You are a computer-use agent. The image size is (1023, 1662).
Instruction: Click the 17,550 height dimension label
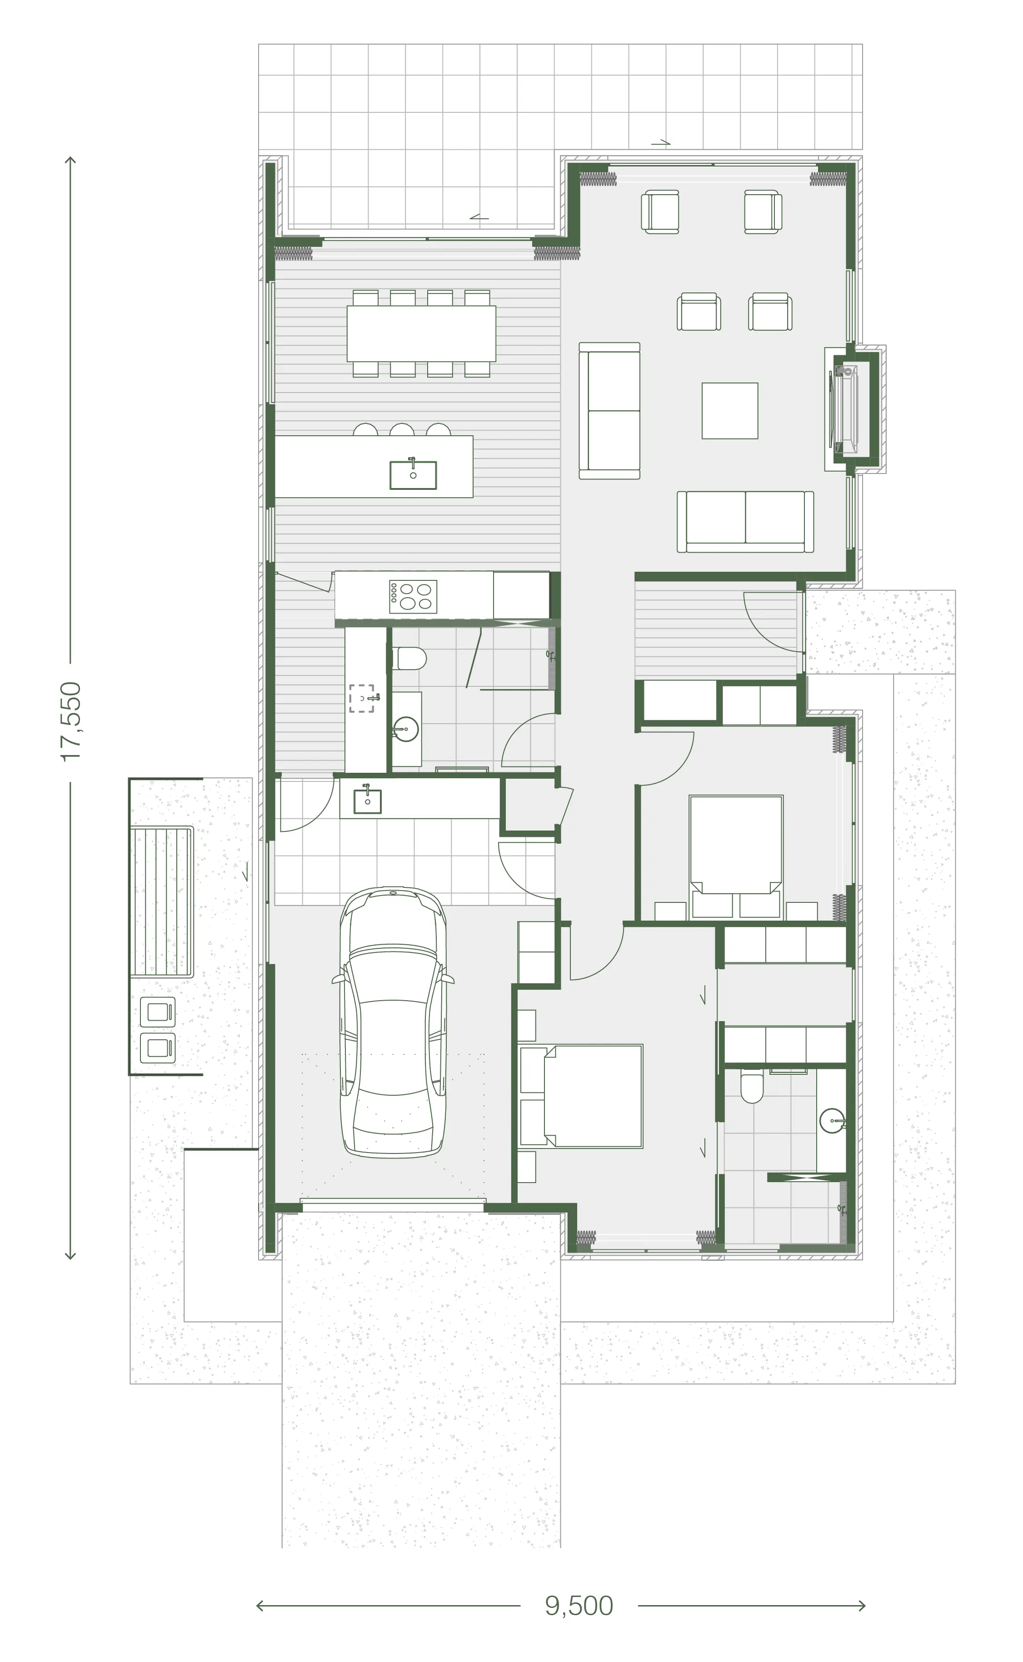coord(71,722)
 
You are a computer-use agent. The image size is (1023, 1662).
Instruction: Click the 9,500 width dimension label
coord(579,1606)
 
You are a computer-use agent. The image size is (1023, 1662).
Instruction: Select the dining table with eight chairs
coord(421,333)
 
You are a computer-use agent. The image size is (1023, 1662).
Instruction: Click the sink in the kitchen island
coord(413,474)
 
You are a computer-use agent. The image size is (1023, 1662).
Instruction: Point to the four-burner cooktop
coord(413,596)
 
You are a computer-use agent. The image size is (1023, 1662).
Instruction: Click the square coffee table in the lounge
coord(729,410)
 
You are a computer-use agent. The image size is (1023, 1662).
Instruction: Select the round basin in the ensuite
coord(832,1120)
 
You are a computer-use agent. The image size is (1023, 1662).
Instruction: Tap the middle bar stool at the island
coord(402,429)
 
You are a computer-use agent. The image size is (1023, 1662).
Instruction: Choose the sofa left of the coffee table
coord(609,411)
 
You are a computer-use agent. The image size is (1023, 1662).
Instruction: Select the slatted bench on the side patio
coord(162,902)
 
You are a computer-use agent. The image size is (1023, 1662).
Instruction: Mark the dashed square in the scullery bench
coord(361,698)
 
